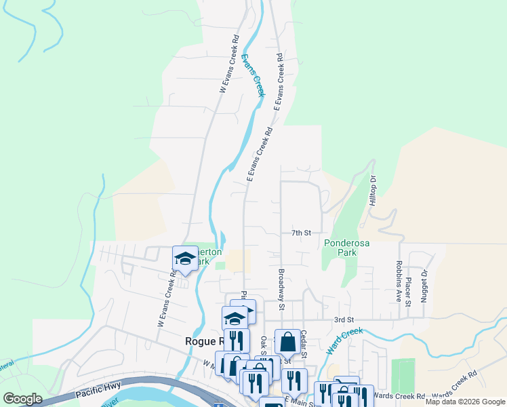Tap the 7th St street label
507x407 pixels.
pyautogui.click(x=301, y=233)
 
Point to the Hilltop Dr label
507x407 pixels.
pyautogui.click(x=373, y=192)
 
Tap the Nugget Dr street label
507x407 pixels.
pyautogui.click(x=424, y=285)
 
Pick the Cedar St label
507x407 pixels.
pyautogui.click(x=304, y=345)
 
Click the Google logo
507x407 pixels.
pyautogui.click(x=22, y=399)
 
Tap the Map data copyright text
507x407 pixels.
pyautogui.click(x=464, y=402)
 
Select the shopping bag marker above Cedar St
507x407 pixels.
pyautogui.click(x=287, y=343)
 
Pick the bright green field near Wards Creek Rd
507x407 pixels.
pyautogui.click(x=403, y=375)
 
